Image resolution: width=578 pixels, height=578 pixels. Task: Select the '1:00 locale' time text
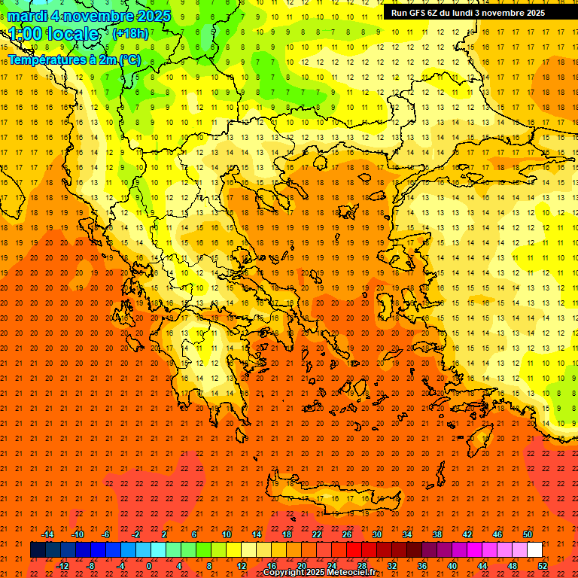click(x=53, y=34)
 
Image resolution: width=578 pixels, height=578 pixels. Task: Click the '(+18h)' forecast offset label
click(x=130, y=33)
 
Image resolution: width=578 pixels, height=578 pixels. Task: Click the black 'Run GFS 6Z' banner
click(x=468, y=13)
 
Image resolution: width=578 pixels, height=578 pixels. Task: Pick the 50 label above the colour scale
click(x=528, y=534)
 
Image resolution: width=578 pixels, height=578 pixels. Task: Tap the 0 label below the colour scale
click(x=149, y=566)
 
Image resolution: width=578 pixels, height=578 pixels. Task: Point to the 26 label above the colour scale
click(x=347, y=534)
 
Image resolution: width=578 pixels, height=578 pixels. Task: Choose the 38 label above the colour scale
click(x=437, y=534)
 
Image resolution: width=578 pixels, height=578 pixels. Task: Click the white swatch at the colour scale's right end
click(x=535, y=550)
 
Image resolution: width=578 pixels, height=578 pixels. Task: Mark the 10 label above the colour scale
click(x=227, y=534)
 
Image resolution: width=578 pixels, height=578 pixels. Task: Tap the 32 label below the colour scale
click(x=392, y=566)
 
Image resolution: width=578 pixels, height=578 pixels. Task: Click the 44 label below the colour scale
click(x=482, y=566)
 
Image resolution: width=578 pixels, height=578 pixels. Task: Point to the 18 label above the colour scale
click(x=287, y=534)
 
